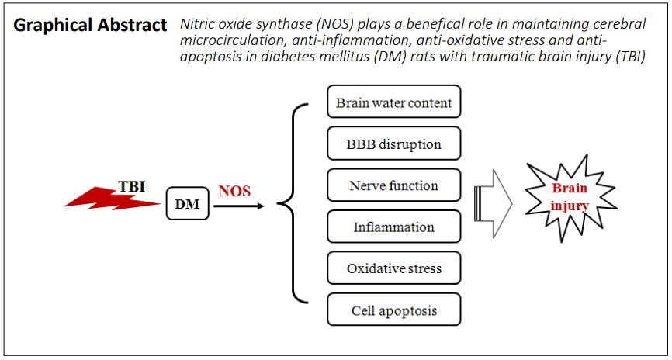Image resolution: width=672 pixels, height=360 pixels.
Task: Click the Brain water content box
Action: pos(394,102)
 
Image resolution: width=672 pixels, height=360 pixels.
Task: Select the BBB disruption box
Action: pos(394,143)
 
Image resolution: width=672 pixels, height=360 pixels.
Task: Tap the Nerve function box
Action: pos(394,185)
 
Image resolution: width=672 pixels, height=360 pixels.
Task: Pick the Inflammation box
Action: pos(394,227)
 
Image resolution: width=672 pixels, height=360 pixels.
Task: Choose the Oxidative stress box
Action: pos(394,268)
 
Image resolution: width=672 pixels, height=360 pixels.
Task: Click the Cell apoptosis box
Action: pos(394,310)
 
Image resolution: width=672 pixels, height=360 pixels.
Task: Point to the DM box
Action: pos(188,204)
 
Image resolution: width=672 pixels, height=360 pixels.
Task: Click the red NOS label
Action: pos(234,191)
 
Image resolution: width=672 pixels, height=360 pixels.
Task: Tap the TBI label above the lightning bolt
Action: pos(132,187)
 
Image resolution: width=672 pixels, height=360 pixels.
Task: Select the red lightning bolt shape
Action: pos(113,199)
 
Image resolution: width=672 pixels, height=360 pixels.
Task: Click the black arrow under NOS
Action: pos(238,206)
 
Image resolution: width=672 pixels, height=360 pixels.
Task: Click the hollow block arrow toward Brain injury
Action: pos(494,203)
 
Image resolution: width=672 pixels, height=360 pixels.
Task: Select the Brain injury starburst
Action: pos(570,199)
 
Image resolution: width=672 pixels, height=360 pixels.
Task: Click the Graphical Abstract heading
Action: pos(90,26)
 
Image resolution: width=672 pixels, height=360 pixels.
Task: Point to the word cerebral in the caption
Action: pos(617,24)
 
